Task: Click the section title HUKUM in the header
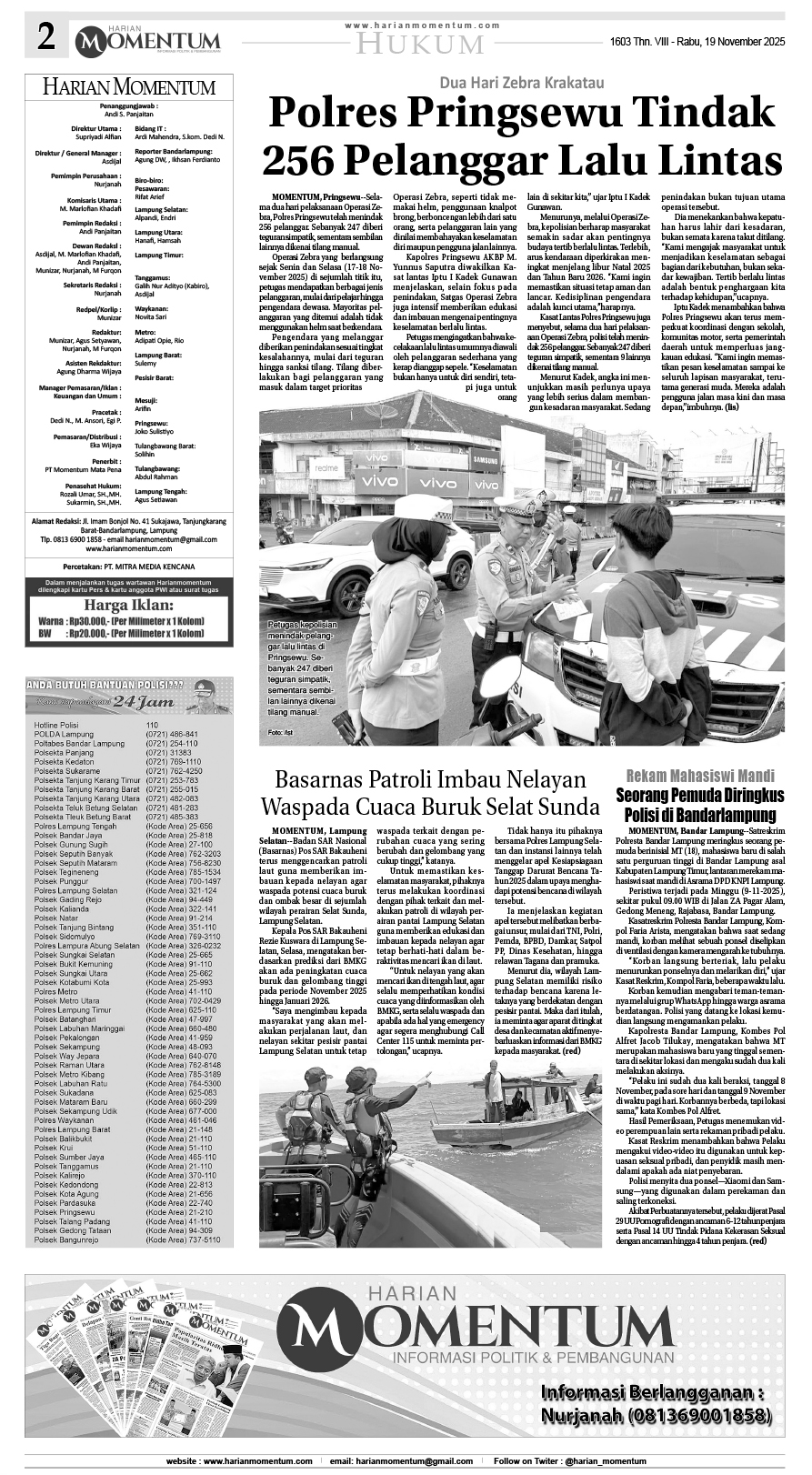(418, 44)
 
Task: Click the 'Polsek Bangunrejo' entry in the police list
(66, 1239)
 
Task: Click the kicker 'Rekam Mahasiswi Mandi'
(699, 776)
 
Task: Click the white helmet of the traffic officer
(423, 509)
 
